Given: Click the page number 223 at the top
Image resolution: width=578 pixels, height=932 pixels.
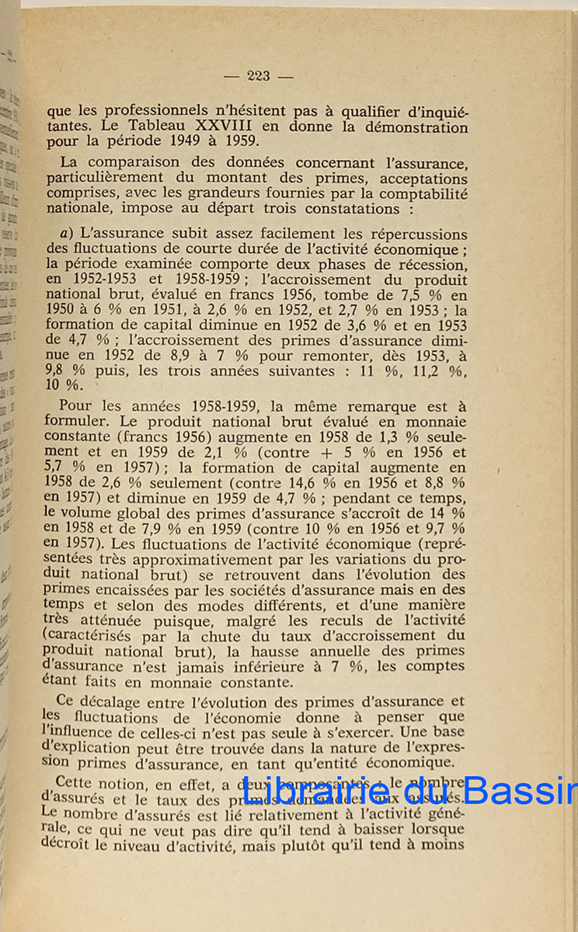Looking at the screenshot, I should click(x=257, y=75).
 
